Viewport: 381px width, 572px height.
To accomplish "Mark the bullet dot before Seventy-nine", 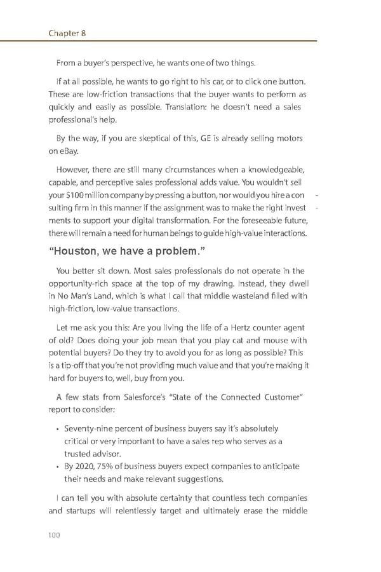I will (58, 430).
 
